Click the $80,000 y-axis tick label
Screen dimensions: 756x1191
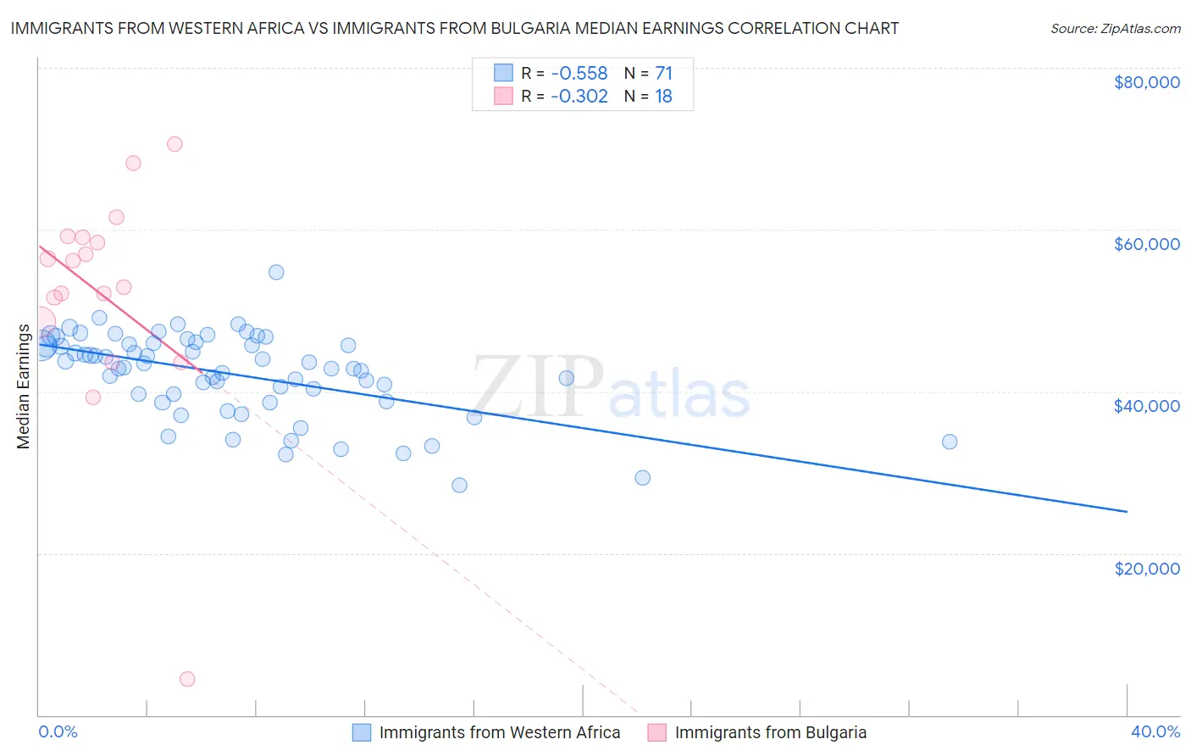pos(1146,82)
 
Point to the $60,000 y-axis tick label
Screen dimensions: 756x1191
pos(1146,244)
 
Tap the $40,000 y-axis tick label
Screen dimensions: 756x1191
pos(1146,406)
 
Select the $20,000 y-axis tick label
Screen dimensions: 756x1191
pos(1146,568)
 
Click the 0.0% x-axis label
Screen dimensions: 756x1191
pos(58,731)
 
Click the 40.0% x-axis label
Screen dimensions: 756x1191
pos(1155,731)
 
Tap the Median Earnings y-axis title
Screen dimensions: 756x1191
pos(23,386)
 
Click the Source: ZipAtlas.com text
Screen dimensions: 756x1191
pos(1115,29)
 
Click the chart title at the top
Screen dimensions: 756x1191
pos(454,28)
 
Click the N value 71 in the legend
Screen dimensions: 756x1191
pos(663,73)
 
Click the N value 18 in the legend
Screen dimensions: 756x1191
pos(663,96)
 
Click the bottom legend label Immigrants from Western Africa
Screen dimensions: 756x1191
pos(500,732)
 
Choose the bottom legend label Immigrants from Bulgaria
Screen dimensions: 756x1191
pos(770,732)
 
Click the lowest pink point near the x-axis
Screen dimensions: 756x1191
pos(187,679)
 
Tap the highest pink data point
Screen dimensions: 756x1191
pos(174,144)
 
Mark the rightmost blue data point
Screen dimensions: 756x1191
pos(950,442)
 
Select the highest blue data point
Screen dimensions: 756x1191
pos(276,272)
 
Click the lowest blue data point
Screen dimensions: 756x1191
pos(459,485)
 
